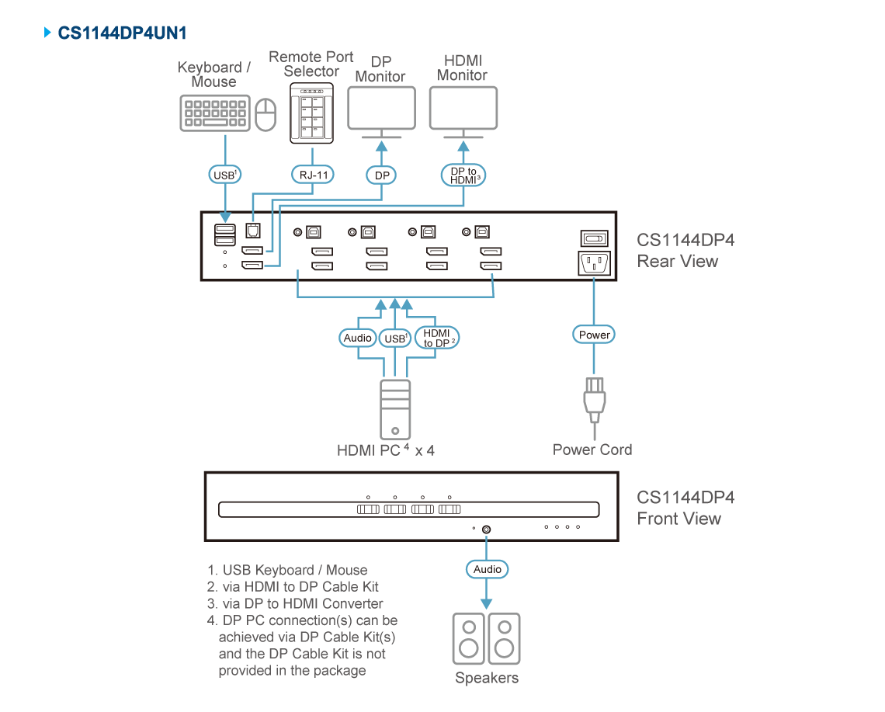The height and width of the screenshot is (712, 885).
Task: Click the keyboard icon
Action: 215,113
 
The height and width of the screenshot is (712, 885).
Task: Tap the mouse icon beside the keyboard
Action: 266,114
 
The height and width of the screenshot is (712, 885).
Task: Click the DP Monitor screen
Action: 381,107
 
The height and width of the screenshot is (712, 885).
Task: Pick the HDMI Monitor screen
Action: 463,107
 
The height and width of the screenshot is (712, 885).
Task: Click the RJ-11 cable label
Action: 312,175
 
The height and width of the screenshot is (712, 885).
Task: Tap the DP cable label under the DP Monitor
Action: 381,175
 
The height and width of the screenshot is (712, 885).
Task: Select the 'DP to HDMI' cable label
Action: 464,175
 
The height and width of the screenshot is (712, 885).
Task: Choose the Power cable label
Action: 595,335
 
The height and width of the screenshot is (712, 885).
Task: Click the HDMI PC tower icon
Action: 395,409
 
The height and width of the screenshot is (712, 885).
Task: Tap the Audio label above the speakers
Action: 488,569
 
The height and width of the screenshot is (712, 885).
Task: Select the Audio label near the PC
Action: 358,338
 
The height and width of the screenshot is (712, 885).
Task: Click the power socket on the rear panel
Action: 594,264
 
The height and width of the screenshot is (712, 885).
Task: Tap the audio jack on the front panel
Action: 487,530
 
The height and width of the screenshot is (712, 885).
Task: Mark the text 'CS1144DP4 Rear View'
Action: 683,250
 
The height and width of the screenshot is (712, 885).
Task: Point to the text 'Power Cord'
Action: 592,450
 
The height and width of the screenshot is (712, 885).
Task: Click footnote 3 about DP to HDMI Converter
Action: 296,603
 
